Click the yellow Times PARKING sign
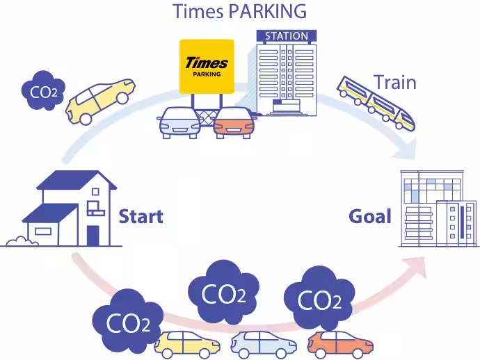click(207, 67)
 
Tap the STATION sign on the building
click(286, 36)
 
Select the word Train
click(395, 82)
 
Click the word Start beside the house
click(141, 216)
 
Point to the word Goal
click(370, 216)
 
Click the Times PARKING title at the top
click(240, 11)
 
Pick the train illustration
click(376, 104)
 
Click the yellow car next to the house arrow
click(100, 101)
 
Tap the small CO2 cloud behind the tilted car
click(43, 90)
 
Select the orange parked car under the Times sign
click(234, 123)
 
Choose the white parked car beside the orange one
click(179, 123)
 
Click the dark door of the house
click(93, 236)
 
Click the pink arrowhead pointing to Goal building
click(416, 267)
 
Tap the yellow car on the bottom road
click(187, 345)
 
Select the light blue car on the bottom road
click(264, 345)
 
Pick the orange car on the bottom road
click(340, 345)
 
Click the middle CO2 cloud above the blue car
click(223, 292)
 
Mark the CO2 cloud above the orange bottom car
click(319, 298)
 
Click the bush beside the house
click(22, 241)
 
